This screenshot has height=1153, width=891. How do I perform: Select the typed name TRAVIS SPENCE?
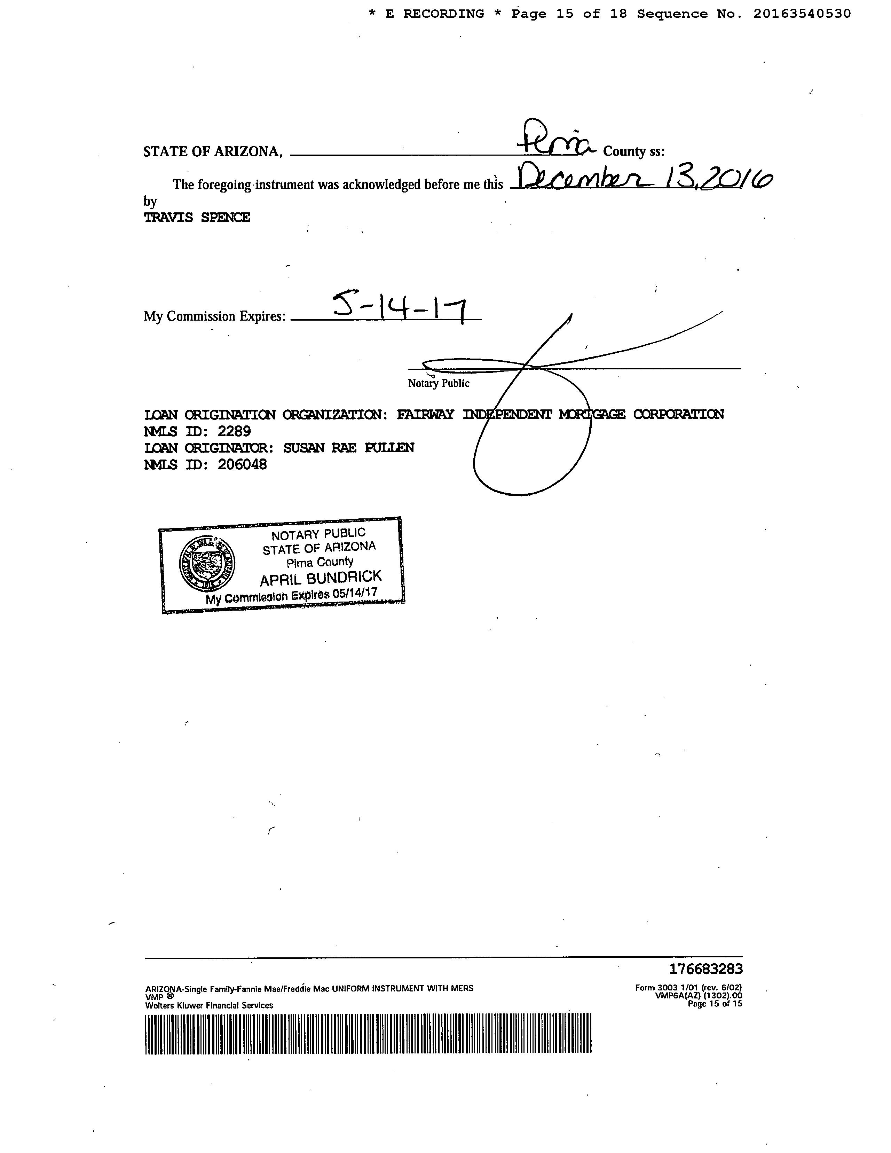(x=197, y=218)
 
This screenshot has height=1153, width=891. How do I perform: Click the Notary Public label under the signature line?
(x=438, y=383)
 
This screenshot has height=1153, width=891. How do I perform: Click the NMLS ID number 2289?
(x=234, y=431)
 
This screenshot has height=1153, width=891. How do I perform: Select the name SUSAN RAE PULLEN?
(x=348, y=448)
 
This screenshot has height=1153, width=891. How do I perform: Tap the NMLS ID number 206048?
(x=242, y=465)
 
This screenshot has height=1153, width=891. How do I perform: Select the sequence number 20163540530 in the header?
(x=802, y=14)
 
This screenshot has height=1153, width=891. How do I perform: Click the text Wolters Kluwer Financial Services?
(x=209, y=1005)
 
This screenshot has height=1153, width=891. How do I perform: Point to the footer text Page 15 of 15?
(x=715, y=1004)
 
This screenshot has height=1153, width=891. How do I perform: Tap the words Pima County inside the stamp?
(x=320, y=562)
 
